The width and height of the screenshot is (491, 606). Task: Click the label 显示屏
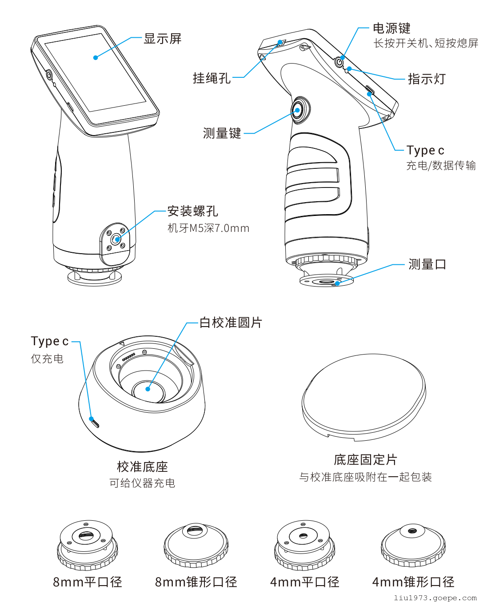tap(163, 39)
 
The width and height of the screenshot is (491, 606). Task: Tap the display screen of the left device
tap(96, 73)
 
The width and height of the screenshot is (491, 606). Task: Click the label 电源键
tap(391, 28)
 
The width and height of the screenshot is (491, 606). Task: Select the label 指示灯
tap(427, 79)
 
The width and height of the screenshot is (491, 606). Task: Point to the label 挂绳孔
tap(212, 78)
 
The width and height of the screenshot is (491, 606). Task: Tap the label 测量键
tap(222, 133)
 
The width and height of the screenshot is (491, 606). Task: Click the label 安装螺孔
tap(192, 211)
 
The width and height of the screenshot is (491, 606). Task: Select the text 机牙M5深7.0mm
tap(208, 228)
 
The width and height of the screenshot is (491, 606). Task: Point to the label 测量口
tap(427, 264)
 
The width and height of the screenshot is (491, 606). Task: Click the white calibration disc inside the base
tap(148, 390)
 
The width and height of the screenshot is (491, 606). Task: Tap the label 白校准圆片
tap(231, 323)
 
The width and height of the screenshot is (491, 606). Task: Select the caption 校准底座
tap(142, 466)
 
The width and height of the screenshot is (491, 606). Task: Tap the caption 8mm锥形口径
tap(196, 582)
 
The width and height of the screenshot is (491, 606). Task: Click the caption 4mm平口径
tap(305, 582)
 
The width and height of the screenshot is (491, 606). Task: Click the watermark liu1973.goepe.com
tap(435, 598)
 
